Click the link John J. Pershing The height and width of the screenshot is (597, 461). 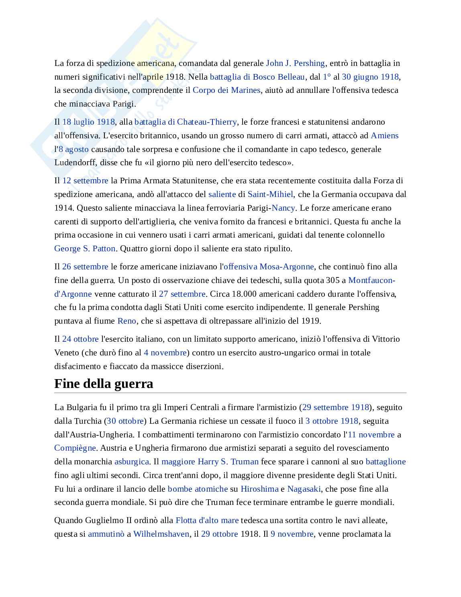click(295, 63)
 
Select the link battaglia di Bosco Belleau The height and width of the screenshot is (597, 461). click(257, 77)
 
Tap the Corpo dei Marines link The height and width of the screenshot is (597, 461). click(226, 90)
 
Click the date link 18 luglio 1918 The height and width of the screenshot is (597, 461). click(88, 122)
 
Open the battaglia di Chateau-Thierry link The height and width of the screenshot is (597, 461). click(186, 122)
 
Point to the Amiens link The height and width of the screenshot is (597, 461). click(384, 135)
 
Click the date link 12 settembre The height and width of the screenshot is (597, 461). click(85, 181)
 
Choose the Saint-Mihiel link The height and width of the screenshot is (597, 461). click(270, 194)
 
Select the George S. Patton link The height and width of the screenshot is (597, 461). click(85, 248)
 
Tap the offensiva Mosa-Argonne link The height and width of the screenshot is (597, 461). click(269, 267)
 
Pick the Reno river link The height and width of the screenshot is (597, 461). click(127, 321)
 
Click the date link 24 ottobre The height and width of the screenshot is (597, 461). click(80, 339)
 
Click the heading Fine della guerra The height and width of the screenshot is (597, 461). click(104, 384)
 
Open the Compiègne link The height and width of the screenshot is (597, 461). click(75, 448)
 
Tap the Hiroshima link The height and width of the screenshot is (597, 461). click(259, 489)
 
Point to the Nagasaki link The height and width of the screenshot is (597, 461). click(304, 489)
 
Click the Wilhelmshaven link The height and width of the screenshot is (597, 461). click(161, 534)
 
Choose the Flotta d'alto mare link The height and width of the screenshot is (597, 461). click(207, 520)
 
